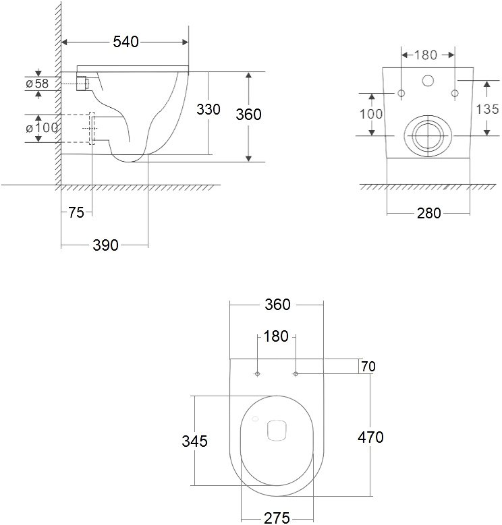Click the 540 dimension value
[x=125, y=42]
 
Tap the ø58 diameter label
[x=37, y=84]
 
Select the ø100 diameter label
[x=42, y=127]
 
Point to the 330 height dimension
[x=208, y=109]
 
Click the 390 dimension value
[x=105, y=245]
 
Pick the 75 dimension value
[x=76, y=212]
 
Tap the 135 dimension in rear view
[x=487, y=109]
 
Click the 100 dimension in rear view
[x=371, y=114]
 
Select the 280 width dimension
[x=428, y=213]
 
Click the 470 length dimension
[x=370, y=437]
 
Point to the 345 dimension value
[x=195, y=441]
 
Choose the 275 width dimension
[x=277, y=518]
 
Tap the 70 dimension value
[x=368, y=367]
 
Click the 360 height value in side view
[x=248, y=115]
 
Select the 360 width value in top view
[x=277, y=305]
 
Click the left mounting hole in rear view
[x=401, y=93]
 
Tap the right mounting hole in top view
[x=296, y=373]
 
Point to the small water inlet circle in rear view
[x=428, y=80]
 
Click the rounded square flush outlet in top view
[x=277, y=430]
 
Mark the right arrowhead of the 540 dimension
[x=185, y=42]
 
